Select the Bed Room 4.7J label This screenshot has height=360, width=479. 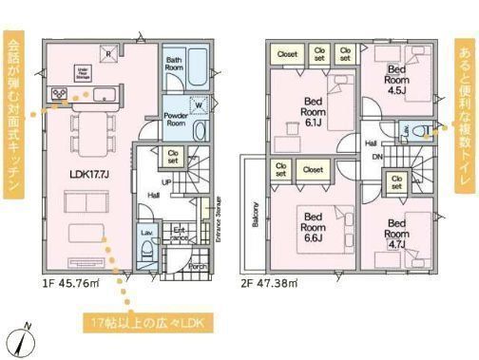point(398,233)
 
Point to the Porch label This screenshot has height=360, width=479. point(199,267)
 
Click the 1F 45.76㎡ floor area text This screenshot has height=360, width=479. point(67,283)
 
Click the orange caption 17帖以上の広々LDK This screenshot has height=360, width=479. point(145,320)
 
